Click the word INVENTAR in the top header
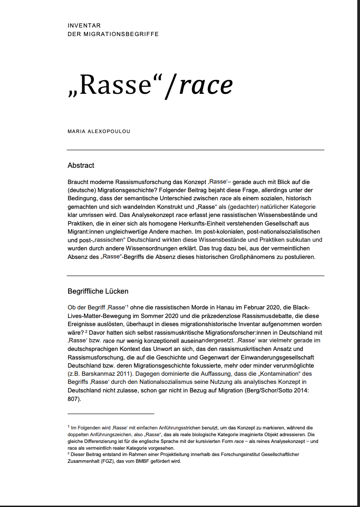[84, 26]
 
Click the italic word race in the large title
[206, 85]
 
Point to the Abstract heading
[81, 166]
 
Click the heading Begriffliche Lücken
[98, 291]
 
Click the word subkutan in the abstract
[303, 240]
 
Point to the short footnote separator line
[111, 413]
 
